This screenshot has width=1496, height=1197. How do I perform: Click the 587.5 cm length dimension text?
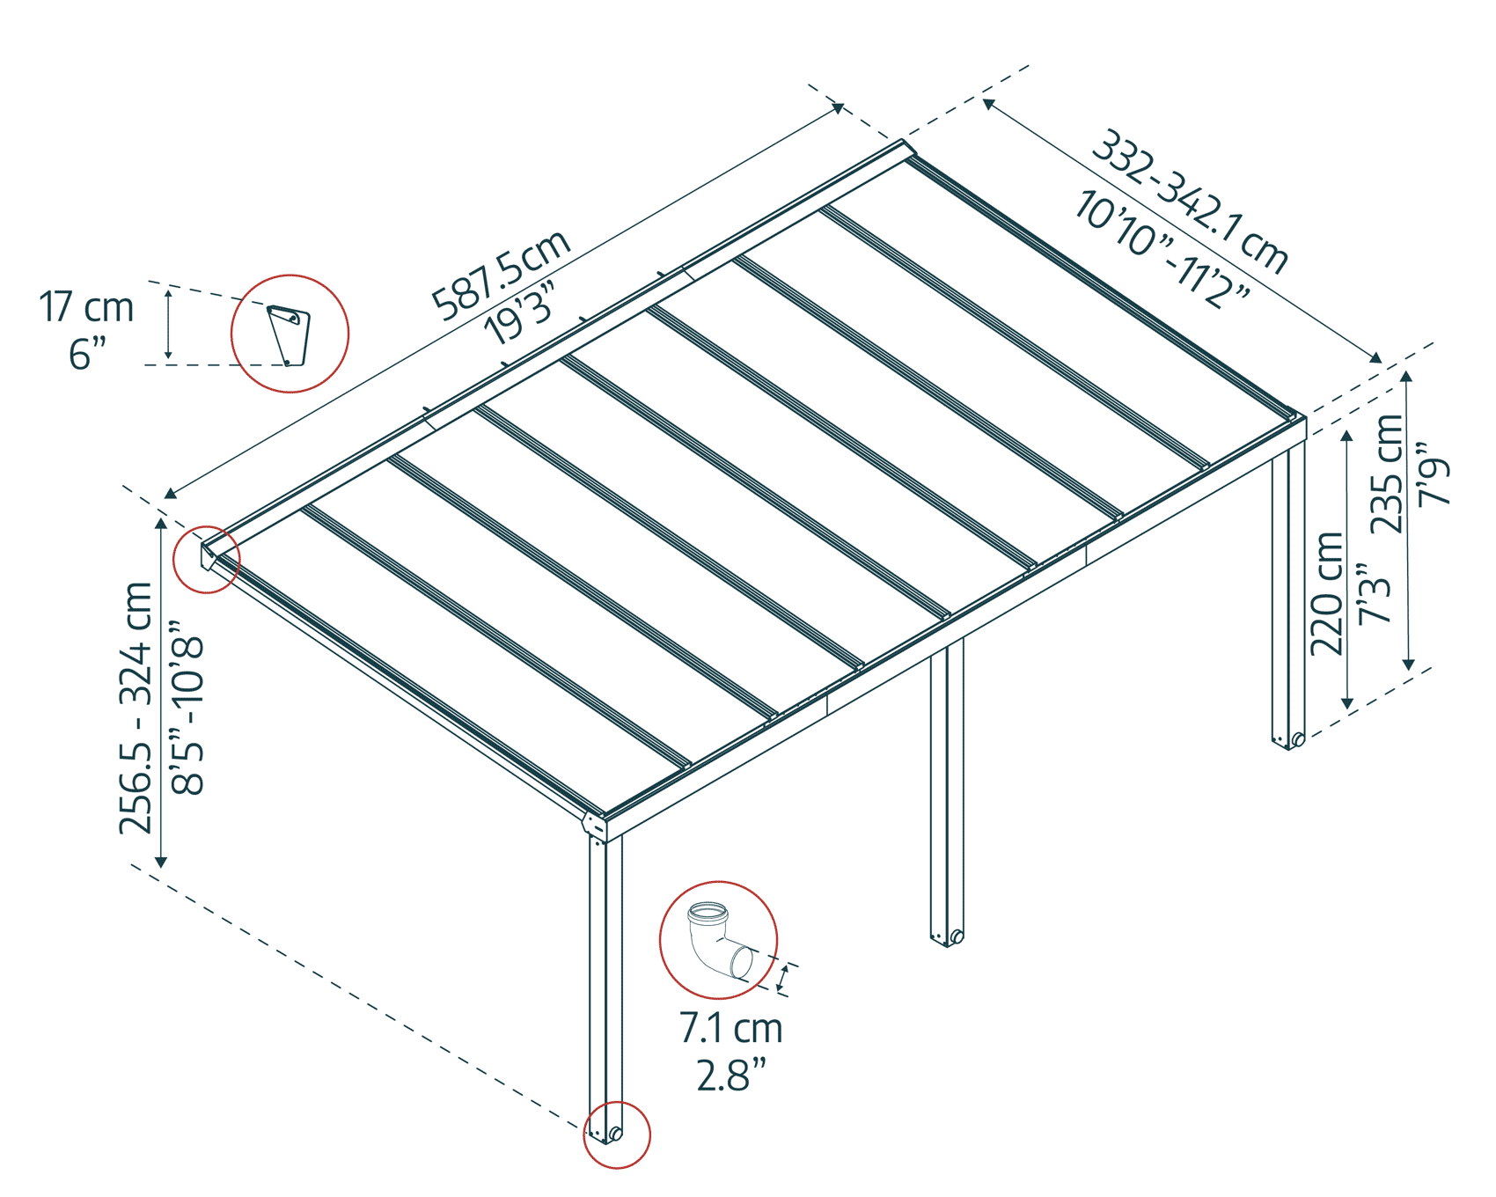[502, 275]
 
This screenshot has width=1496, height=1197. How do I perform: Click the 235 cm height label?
[1388, 474]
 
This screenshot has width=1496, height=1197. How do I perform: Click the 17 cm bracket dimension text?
[86, 308]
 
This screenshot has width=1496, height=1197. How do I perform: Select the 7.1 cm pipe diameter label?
[730, 1028]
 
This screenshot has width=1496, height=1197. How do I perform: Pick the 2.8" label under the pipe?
[730, 1076]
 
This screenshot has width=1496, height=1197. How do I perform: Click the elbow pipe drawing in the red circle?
[717, 940]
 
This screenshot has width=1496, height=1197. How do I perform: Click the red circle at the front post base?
[617, 1135]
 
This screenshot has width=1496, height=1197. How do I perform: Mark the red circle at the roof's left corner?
[207, 559]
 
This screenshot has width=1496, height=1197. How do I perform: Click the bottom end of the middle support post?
[947, 937]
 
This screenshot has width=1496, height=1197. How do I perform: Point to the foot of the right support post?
[1289, 740]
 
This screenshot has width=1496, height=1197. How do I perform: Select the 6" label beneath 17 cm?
[86, 355]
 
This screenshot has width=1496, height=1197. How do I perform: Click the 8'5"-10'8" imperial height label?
[188, 708]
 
